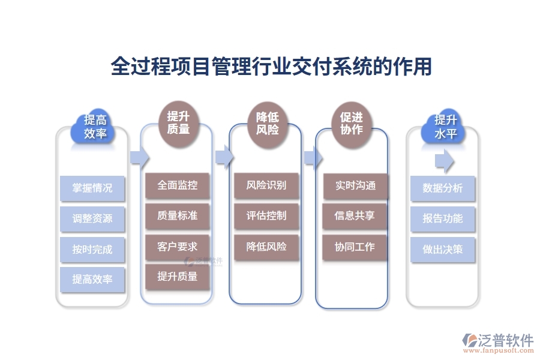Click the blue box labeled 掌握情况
(x=92, y=188)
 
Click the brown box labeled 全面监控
(x=178, y=185)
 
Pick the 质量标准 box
(x=178, y=216)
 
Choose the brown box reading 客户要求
(x=178, y=247)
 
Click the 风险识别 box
(x=266, y=185)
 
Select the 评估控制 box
(x=266, y=216)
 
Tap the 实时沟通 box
(x=355, y=186)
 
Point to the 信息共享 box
(x=355, y=216)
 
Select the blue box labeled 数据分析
(x=443, y=188)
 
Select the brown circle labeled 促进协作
(x=352, y=123)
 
